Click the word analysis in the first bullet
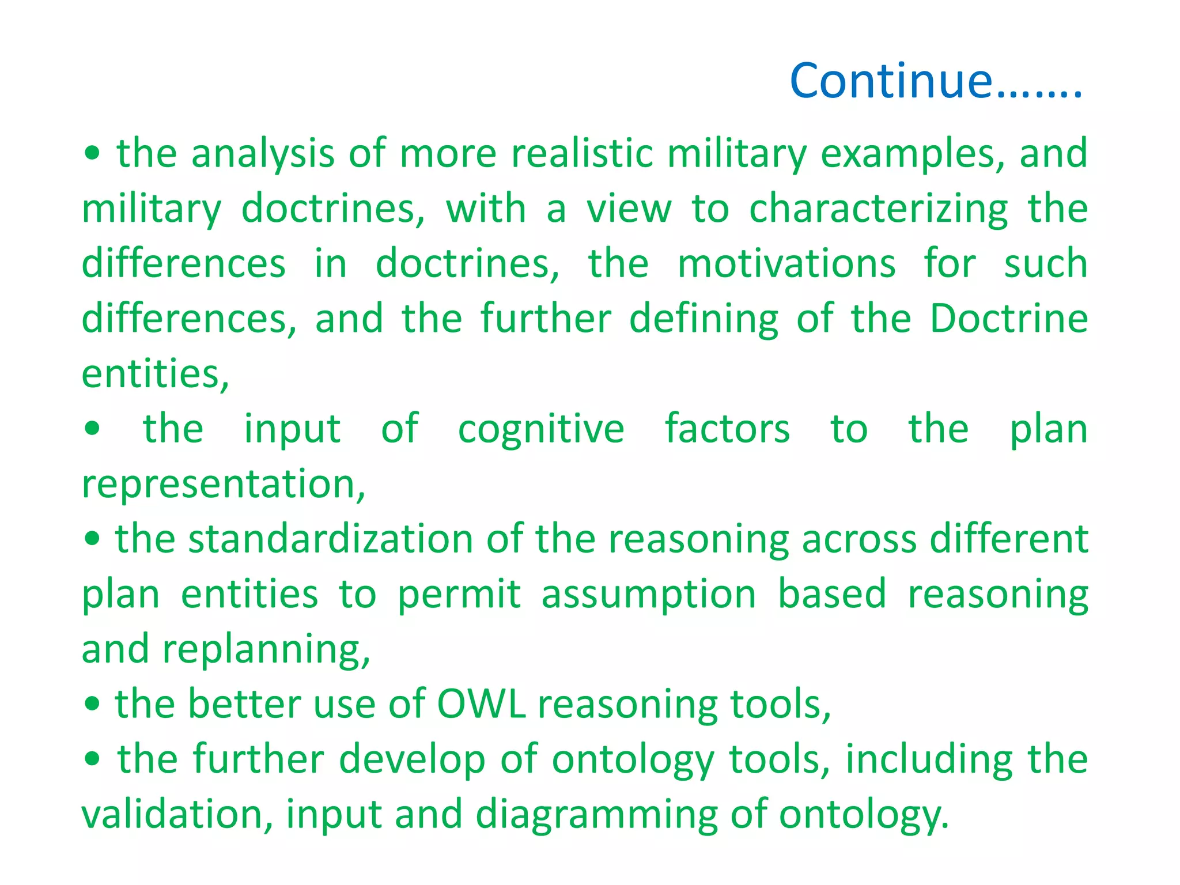262,154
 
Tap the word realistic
582,154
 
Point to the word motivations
786,264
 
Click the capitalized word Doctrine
1008,319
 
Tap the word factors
727,429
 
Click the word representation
223,484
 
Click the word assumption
648,595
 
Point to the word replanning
266,650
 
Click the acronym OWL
482,705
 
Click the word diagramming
596,815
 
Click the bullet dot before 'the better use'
92,704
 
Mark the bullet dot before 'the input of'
92,429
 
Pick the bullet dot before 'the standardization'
92,539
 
